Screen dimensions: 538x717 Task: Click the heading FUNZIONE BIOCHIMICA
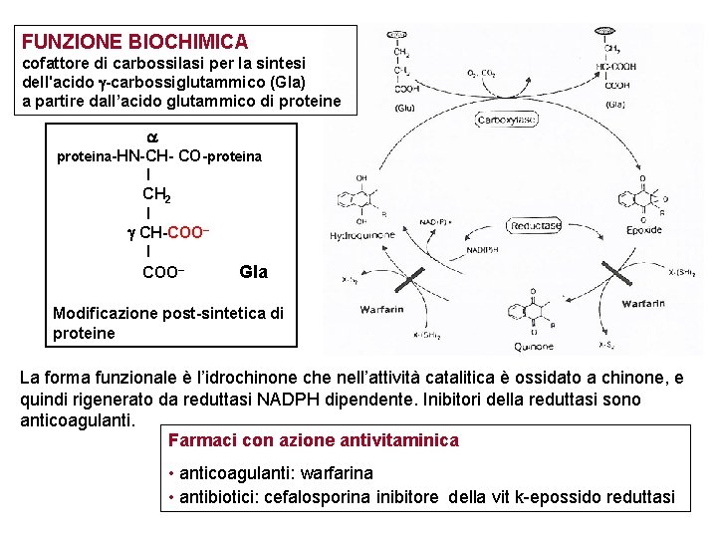tap(135, 42)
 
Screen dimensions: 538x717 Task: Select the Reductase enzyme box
tap(537, 226)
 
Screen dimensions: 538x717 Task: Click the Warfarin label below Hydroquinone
tap(382, 310)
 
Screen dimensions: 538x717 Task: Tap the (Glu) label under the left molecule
tap(403, 107)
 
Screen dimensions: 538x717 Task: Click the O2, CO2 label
tap(482, 73)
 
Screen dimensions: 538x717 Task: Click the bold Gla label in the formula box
tap(254, 272)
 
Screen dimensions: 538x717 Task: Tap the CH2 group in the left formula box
tap(155, 193)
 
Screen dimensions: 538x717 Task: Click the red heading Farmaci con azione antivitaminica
tap(314, 439)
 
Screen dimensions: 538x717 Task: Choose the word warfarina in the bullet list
tap(333, 472)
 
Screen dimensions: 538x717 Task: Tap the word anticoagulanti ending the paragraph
tap(77, 420)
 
